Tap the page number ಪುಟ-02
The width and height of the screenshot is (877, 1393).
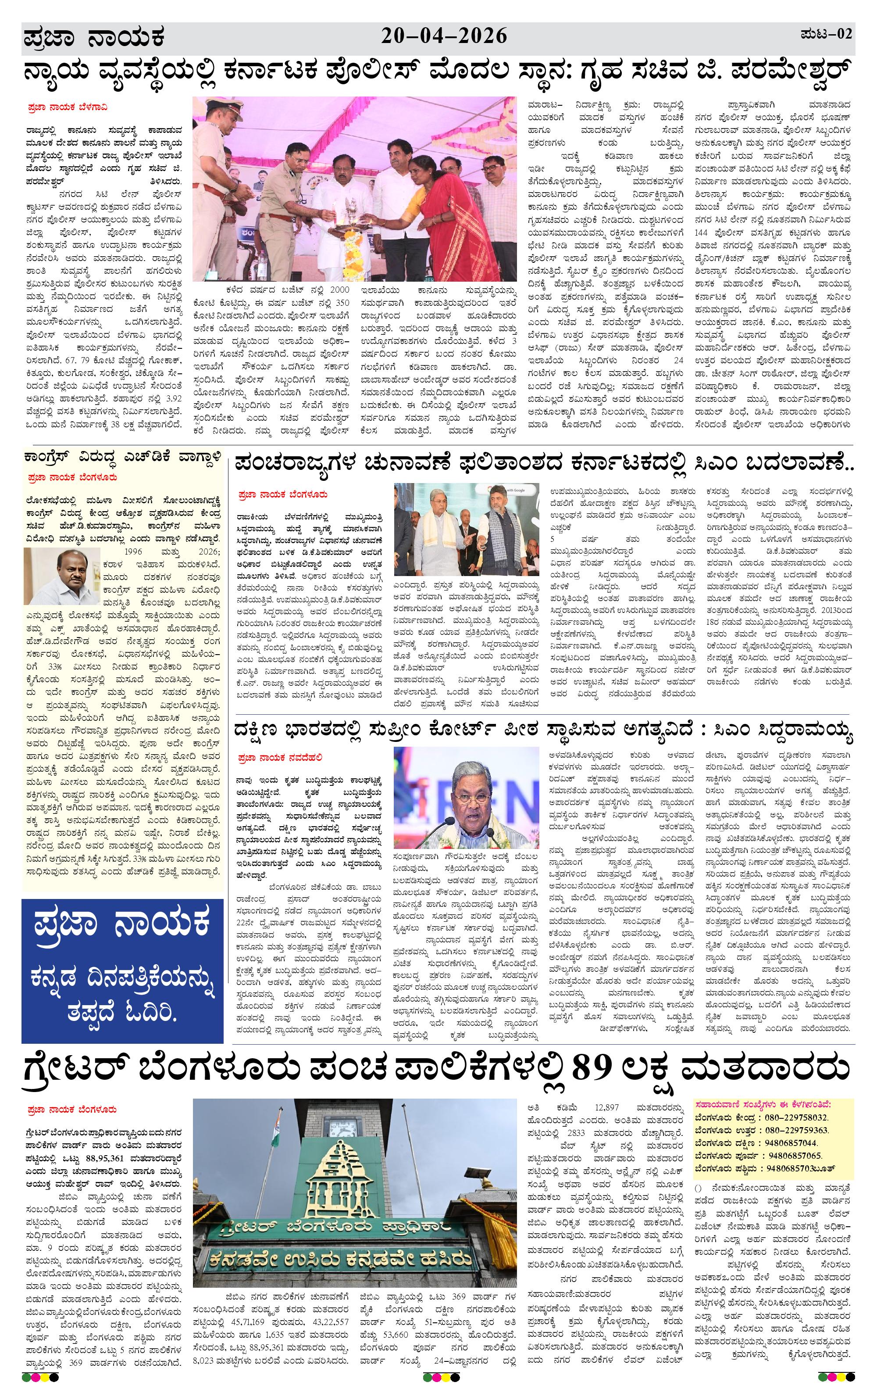[x=826, y=34]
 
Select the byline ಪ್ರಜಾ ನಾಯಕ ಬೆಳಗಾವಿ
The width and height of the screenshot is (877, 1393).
[x=67, y=107]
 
